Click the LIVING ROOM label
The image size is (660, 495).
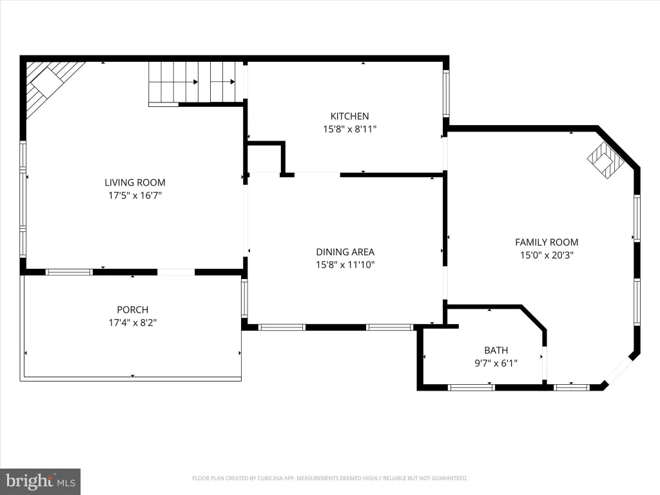click(x=135, y=182)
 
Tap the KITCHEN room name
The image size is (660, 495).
click(x=349, y=116)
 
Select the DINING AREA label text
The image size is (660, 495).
click(x=345, y=252)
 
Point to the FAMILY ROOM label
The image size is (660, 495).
click(x=547, y=242)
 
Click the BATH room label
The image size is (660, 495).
click(x=496, y=350)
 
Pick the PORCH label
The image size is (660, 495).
click(x=133, y=310)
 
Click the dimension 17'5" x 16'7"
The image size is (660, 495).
click(x=135, y=195)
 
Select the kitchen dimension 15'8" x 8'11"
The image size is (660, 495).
click(x=349, y=129)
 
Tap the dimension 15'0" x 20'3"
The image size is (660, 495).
click(x=547, y=255)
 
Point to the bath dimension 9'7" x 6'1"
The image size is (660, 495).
click(x=496, y=364)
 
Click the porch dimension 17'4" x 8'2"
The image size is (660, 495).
click(x=133, y=323)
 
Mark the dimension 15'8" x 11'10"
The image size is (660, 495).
click(x=345, y=265)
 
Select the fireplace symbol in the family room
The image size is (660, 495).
click(x=605, y=160)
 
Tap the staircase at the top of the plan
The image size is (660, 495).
click(x=195, y=82)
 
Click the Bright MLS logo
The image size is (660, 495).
click(x=41, y=481)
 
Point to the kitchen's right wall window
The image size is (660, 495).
click(x=446, y=93)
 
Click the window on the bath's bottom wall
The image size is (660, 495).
click(x=471, y=387)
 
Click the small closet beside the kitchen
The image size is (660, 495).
click(x=264, y=159)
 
